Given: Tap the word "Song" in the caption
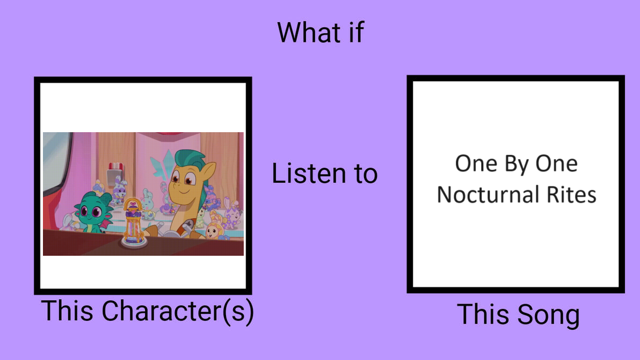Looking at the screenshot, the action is click(549, 315).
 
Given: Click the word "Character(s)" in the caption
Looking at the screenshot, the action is click(178, 312).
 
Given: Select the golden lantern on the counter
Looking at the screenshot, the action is click(135, 222).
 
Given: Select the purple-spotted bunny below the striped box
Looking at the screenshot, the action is click(119, 189).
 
